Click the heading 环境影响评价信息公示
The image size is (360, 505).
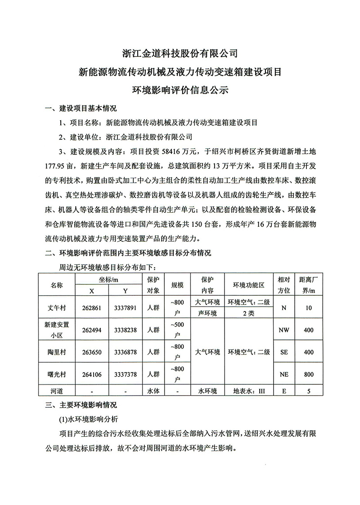click(x=180, y=90)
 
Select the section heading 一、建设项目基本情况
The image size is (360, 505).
click(x=81, y=108)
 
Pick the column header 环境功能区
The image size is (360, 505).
click(x=248, y=285)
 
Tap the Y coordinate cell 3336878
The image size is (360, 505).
click(x=126, y=352)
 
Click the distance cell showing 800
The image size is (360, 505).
click(x=309, y=374)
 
